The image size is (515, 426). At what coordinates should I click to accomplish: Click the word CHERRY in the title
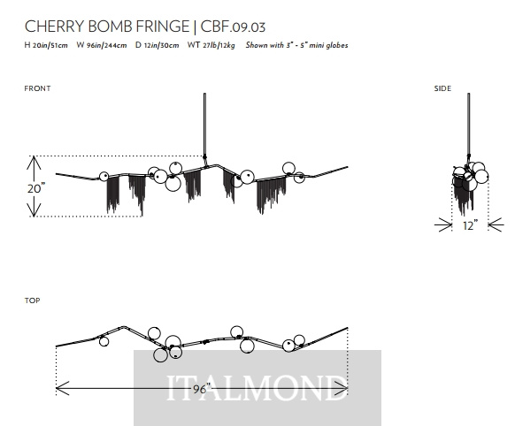tap(55, 27)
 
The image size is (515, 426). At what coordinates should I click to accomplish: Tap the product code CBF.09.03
tap(233, 27)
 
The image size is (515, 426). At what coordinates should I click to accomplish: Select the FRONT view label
tap(37, 88)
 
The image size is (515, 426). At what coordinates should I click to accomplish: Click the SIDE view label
tap(442, 88)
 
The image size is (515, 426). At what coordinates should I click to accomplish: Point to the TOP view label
tap(32, 300)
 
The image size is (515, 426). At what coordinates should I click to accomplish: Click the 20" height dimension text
tap(35, 188)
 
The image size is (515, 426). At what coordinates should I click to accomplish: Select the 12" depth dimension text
tap(470, 225)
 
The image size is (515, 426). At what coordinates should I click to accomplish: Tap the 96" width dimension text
tap(201, 389)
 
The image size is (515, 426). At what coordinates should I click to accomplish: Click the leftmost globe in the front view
tap(104, 177)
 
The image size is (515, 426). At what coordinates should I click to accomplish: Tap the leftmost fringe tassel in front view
tap(113, 194)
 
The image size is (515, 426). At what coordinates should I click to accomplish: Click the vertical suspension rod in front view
tap(205, 125)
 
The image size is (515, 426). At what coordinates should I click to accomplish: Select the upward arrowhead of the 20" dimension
tap(34, 163)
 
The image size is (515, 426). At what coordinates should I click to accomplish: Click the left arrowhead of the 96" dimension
tap(63, 388)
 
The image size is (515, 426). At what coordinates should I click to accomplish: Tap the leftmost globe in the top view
tap(104, 341)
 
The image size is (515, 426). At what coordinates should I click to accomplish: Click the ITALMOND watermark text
tap(257, 388)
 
